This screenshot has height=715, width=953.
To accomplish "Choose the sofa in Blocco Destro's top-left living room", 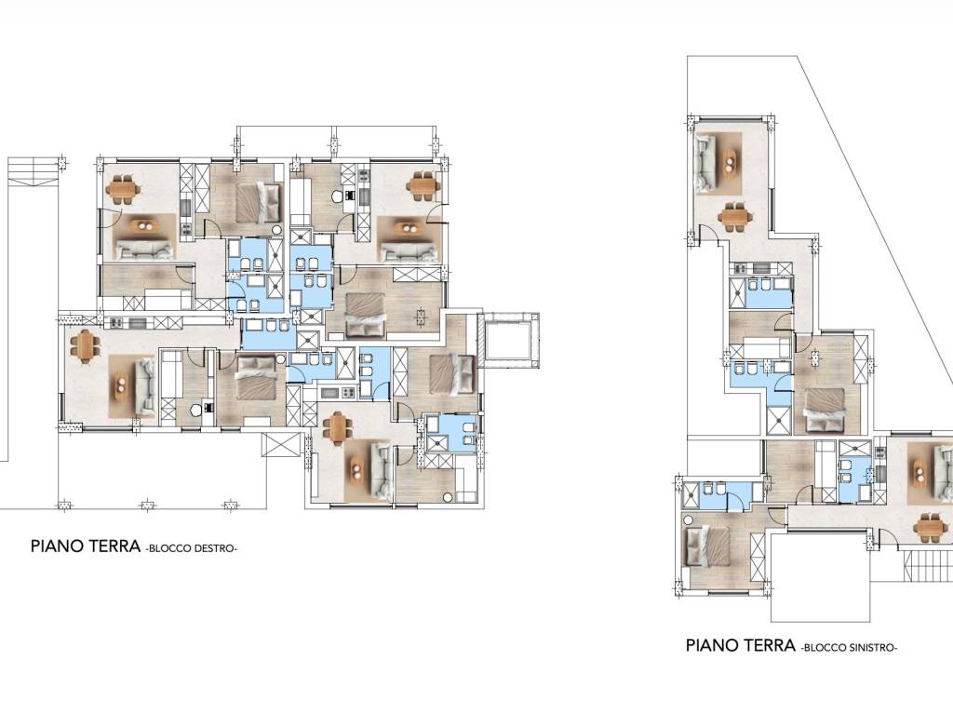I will pos(143,249).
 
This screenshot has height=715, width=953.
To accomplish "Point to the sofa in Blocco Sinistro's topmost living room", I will pos(705,163).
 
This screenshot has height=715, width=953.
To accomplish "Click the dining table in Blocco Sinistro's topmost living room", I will pos(735,216).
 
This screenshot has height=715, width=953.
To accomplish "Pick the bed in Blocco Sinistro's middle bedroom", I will pos(824,410).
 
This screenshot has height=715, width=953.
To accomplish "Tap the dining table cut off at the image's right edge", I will pos(932,527).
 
